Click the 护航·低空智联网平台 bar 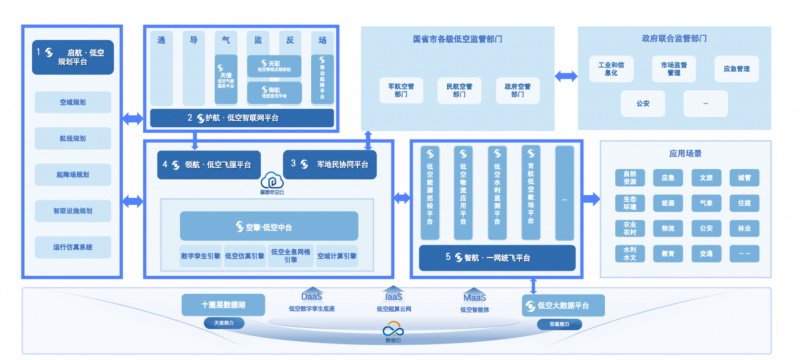(240, 117)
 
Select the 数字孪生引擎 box (200, 254)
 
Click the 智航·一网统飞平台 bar (495, 257)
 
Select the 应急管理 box (737, 70)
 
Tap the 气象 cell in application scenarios (705, 203)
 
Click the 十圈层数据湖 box (222, 304)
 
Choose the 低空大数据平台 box (559, 304)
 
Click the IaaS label (392, 296)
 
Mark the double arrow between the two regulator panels (566, 75)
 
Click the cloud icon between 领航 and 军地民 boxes (269, 181)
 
